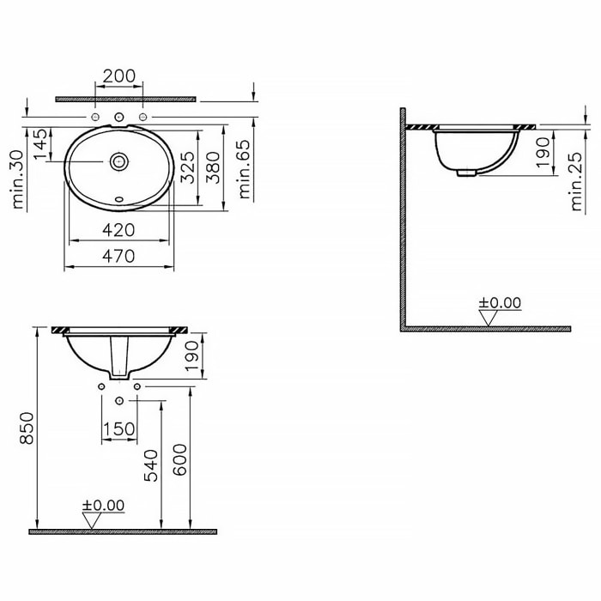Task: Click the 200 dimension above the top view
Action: coord(119,76)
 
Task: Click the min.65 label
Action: coord(246,169)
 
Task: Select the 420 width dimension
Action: coord(118,230)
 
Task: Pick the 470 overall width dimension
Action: coord(118,256)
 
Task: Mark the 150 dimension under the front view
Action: coord(119,429)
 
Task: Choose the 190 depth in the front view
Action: coord(191,355)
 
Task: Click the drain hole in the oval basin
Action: coord(119,161)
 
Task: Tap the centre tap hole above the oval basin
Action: coord(119,117)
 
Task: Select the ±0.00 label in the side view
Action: coord(500,302)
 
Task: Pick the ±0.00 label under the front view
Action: coord(103,505)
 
